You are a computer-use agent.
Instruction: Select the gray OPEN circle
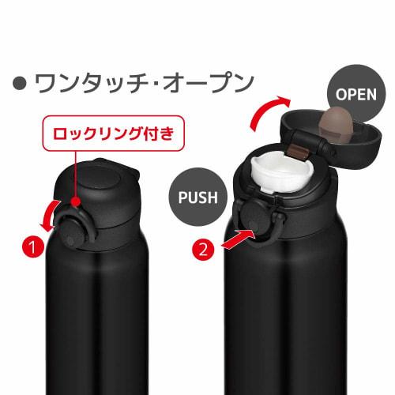click(355, 94)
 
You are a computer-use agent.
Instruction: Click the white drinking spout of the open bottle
click(280, 175)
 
